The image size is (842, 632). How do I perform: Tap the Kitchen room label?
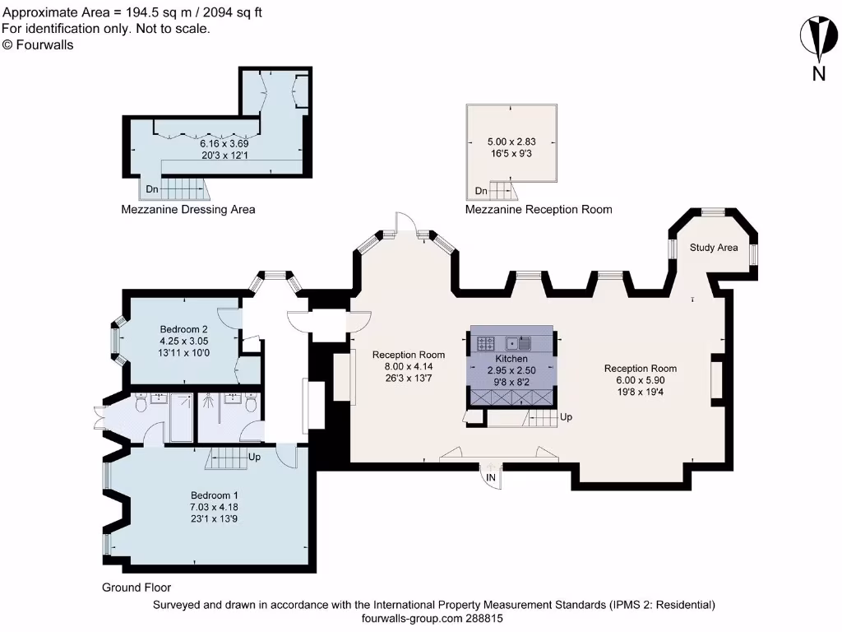pyautogui.click(x=511, y=360)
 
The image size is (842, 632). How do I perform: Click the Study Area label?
pyautogui.click(x=713, y=248)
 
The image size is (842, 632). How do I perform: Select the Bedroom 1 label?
pyautogui.click(x=215, y=495)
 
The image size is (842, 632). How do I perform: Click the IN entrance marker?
pyautogui.click(x=491, y=477)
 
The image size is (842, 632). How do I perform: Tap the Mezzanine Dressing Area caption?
pyautogui.click(x=188, y=209)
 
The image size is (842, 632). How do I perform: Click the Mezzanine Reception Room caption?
pyautogui.click(x=539, y=210)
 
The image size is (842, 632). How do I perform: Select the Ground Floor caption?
pyautogui.click(x=136, y=588)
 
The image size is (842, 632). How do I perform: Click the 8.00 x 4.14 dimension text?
pyautogui.click(x=409, y=366)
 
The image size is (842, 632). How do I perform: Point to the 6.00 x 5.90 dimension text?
pyautogui.click(x=641, y=380)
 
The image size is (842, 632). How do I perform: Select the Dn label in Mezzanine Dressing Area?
pyautogui.click(x=152, y=189)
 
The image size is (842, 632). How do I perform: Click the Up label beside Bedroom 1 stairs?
pyautogui.click(x=254, y=456)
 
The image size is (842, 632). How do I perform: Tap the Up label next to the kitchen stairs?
pyautogui.click(x=566, y=417)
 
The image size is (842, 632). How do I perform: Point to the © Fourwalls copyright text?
pyautogui.click(x=38, y=45)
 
